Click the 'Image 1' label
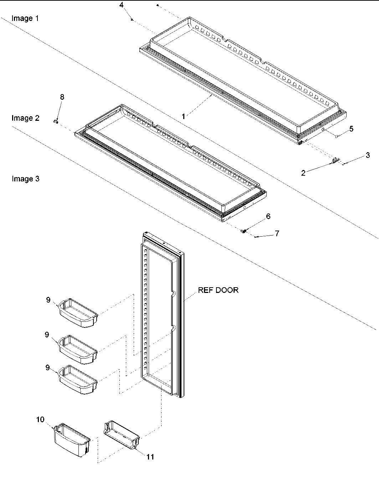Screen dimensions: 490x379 [x=25, y=18]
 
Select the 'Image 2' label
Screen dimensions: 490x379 [x=25, y=118]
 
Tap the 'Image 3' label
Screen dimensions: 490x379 [x=25, y=179]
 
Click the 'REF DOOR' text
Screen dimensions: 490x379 [x=218, y=290]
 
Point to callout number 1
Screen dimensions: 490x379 [x=183, y=116]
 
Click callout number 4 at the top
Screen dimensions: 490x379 [x=122, y=5]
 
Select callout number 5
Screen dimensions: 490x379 [x=351, y=129]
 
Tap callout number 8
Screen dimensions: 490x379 [x=62, y=97]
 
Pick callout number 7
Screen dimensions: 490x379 [x=277, y=233]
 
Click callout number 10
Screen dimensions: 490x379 [x=40, y=419]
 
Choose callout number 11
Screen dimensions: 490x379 [x=150, y=457]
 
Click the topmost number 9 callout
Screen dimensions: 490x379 [x=48, y=300]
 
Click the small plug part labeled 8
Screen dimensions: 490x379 [x=56, y=122]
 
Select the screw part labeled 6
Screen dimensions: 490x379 [x=244, y=231]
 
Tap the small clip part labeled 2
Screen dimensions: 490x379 [x=335, y=161]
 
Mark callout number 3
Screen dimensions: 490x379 [x=368, y=155]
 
